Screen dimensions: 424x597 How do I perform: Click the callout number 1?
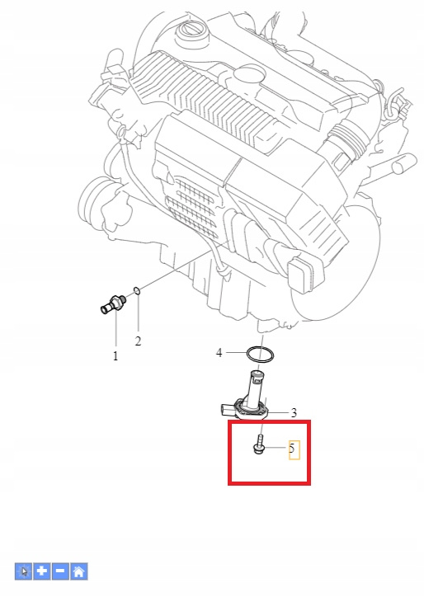pyautogui.click(x=115, y=356)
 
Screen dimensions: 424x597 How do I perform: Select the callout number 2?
pyautogui.click(x=138, y=341)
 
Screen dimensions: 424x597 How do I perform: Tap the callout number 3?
pyautogui.click(x=294, y=413)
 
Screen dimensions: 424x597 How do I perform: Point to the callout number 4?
pyautogui.click(x=219, y=353)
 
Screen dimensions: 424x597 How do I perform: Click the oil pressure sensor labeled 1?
pyautogui.click(x=113, y=304)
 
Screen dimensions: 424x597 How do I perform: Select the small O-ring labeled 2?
pyautogui.click(x=137, y=291)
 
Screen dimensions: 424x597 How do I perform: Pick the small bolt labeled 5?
pyautogui.click(x=258, y=444)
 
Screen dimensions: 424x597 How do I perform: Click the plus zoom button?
pyautogui.click(x=42, y=571)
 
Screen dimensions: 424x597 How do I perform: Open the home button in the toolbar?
pyautogui.click(x=79, y=571)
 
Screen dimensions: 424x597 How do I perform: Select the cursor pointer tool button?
pyautogui.click(x=24, y=571)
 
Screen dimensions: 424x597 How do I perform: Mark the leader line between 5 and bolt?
pyautogui.click(x=275, y=448)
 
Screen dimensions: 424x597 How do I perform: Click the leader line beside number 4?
pyautogui.click(x=236, y=353)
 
